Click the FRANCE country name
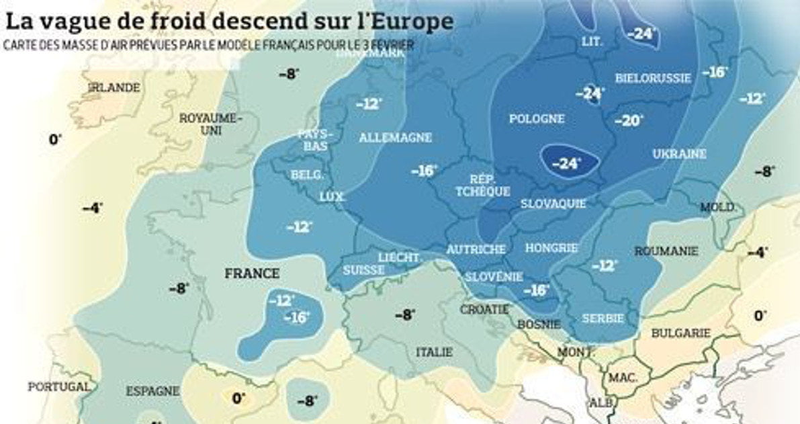[x=252, y=273]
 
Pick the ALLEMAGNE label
[x=395, y=137]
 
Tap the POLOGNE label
[x=536, y=119]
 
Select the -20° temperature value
[x=629, y=121]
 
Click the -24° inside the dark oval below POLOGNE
[x=566, y=163]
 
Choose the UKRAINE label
[x=679, y=154]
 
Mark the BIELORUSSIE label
[x=653, y=78]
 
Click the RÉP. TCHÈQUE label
[x=482, y=185]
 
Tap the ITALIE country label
[x=434, y=351]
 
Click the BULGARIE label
[x=681, y=333]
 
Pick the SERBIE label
[x=603, y=318]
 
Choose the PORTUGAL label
[x=58, y=387]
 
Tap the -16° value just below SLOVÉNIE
[x=536, y=290]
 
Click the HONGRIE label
[x=551, y=248]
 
